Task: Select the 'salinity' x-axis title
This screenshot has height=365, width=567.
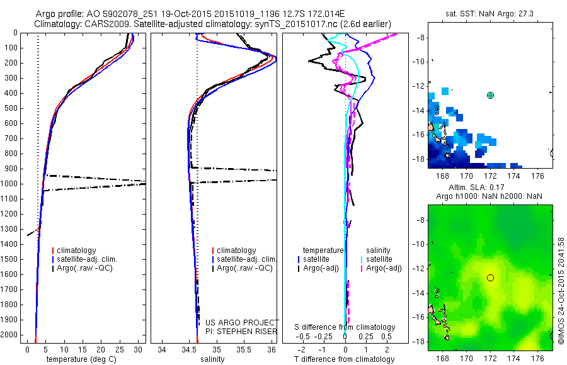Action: coord(214,359)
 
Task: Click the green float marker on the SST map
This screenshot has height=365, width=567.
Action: coord(491,95)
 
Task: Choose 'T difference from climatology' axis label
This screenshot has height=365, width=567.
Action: coord(345,359)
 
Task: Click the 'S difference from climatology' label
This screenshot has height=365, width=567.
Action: coord(345,327)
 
